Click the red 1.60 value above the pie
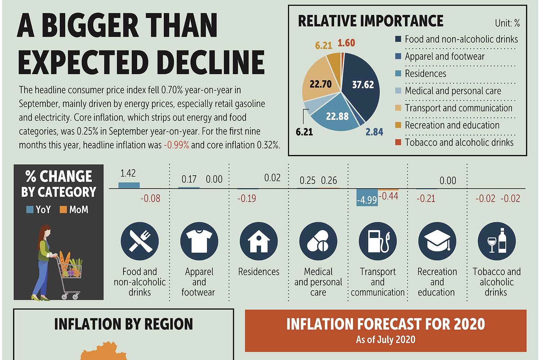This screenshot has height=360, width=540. (346, 43)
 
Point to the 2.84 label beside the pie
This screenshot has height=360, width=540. (374, 132)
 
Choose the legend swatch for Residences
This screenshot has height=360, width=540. (398, 73)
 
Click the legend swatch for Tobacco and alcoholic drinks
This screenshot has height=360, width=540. (398, 142)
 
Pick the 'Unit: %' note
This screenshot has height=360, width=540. (507, 23)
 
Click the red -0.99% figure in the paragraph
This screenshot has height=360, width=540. (176, 145)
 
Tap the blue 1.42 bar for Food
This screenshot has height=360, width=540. (129, 185)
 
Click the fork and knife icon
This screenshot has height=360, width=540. (140, 241)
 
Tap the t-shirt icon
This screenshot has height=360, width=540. (199, 241)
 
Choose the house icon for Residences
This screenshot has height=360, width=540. (258, 241)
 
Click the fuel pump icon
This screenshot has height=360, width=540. (378, 241)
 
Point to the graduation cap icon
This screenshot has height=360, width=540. (437, 241)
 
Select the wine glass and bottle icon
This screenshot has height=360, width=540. (496, 241)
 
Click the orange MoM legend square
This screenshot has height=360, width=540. (63, 210)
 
